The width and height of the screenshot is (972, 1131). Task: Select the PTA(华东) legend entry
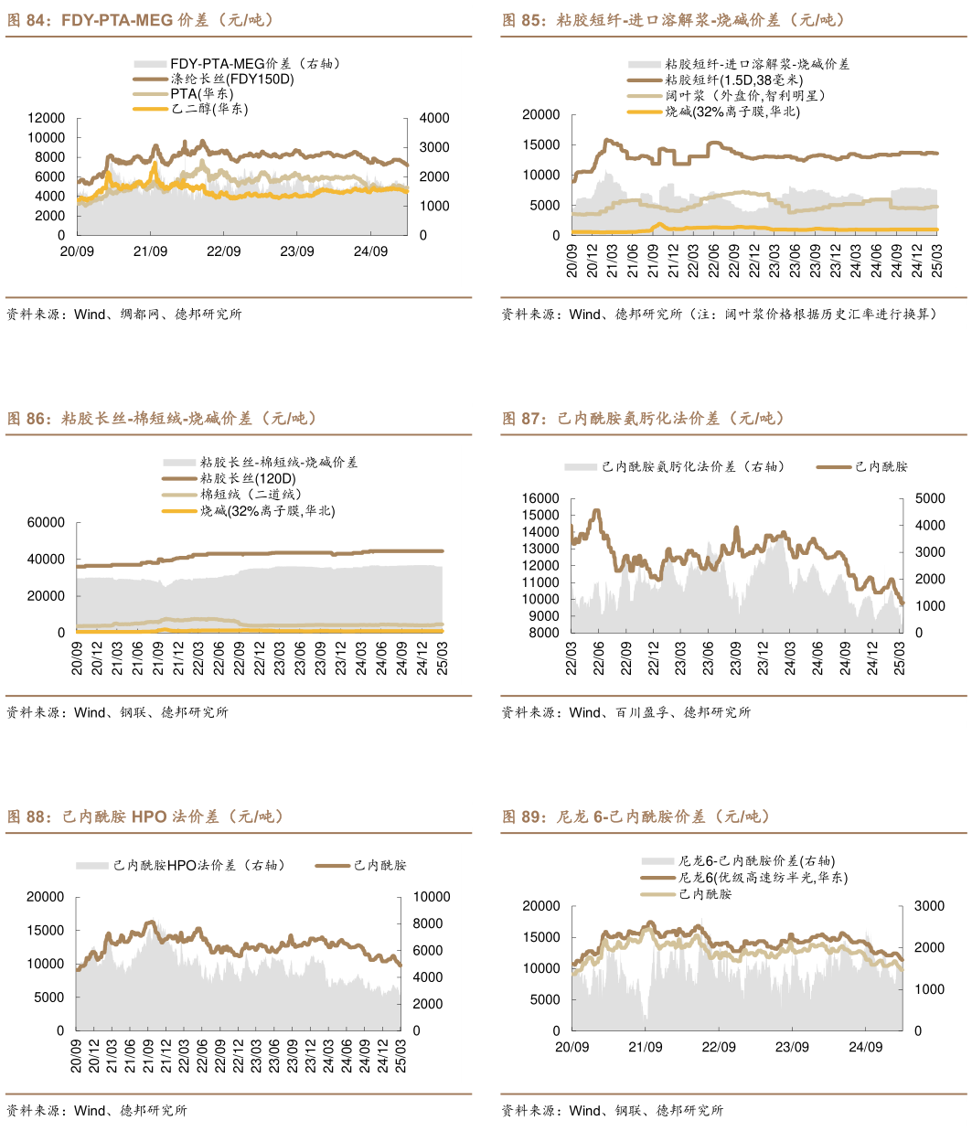[202, 94]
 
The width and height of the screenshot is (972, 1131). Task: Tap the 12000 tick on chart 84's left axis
[47, 118]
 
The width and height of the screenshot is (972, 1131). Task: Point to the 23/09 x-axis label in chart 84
[297, 251]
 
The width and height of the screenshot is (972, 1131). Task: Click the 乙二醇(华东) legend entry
[209, 109]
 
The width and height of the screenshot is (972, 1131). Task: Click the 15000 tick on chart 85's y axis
[540, 144]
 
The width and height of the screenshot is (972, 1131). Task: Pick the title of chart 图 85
[673, 20]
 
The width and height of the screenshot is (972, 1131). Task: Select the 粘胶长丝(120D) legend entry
[248, 478]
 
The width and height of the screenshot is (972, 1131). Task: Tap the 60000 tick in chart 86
[47, 522]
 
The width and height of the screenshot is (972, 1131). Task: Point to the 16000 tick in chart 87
[540, 498]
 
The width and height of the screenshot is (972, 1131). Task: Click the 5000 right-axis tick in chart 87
[930, 498]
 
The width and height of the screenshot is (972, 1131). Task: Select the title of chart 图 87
[643, 419]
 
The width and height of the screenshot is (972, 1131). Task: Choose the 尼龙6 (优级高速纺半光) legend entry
[763, 878]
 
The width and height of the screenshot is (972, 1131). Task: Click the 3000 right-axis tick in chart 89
[930, 906]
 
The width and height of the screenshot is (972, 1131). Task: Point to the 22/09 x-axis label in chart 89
[719, 1047]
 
